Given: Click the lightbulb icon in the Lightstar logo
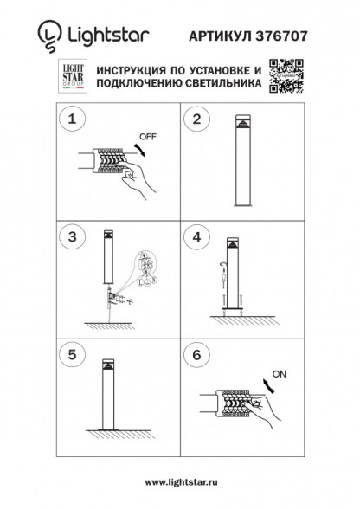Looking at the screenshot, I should (45, 36).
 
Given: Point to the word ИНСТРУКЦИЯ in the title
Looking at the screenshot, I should (139, 68).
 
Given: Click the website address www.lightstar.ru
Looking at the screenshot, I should (179, 481).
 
